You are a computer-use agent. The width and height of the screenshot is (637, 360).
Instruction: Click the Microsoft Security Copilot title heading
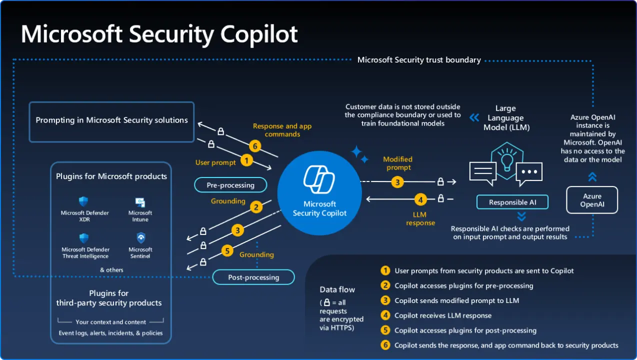pyautogui.click(x=159, y=34)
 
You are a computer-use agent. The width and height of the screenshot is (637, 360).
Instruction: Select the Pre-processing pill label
pyautogui.click(x=230, y=185)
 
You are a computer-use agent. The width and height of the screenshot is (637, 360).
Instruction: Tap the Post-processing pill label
pyautogui.click(x=253, y=277)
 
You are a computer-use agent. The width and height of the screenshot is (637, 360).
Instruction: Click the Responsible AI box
pyautogui.click(x=512, y=202)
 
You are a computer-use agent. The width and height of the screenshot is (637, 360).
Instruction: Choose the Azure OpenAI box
pyautogui.click(x=591, y=200)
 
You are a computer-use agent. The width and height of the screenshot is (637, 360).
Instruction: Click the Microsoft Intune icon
pyautogui.click(x=140, y=202)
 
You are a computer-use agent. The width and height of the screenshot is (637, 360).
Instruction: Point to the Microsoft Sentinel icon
pyautogui.click(x=140, y=238)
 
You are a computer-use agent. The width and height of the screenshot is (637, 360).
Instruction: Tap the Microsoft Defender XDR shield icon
pyautogui.click(x=83, y=201)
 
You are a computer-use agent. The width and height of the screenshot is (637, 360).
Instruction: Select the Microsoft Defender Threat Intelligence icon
pyautogui.click(x=84, y=238)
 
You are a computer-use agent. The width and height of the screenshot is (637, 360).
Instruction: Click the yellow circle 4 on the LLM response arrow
pyautogui.click(x=420, y=199)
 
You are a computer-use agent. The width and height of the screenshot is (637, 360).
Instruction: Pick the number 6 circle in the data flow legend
pyautogui.click(x=385, y=345)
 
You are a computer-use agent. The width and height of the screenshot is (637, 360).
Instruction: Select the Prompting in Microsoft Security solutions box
pyautogui.click(x=111, y=121)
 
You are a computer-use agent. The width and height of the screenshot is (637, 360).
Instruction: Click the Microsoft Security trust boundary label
pyautogui.click(x=419, y=60)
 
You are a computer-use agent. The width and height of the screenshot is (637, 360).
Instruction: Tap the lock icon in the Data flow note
pyautogui.click(x=326, y=302)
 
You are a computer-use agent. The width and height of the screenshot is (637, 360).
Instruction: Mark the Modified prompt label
pyautogui.click(x=397, y=163)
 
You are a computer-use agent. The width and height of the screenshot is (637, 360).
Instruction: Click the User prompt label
pyautogui.click(x=215, y=162)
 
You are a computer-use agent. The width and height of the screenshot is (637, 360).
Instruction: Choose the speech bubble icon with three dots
pyautogui.click(x=529, y=172)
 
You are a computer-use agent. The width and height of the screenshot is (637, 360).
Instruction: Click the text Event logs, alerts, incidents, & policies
pyautogui.click(x=111, y=333)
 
